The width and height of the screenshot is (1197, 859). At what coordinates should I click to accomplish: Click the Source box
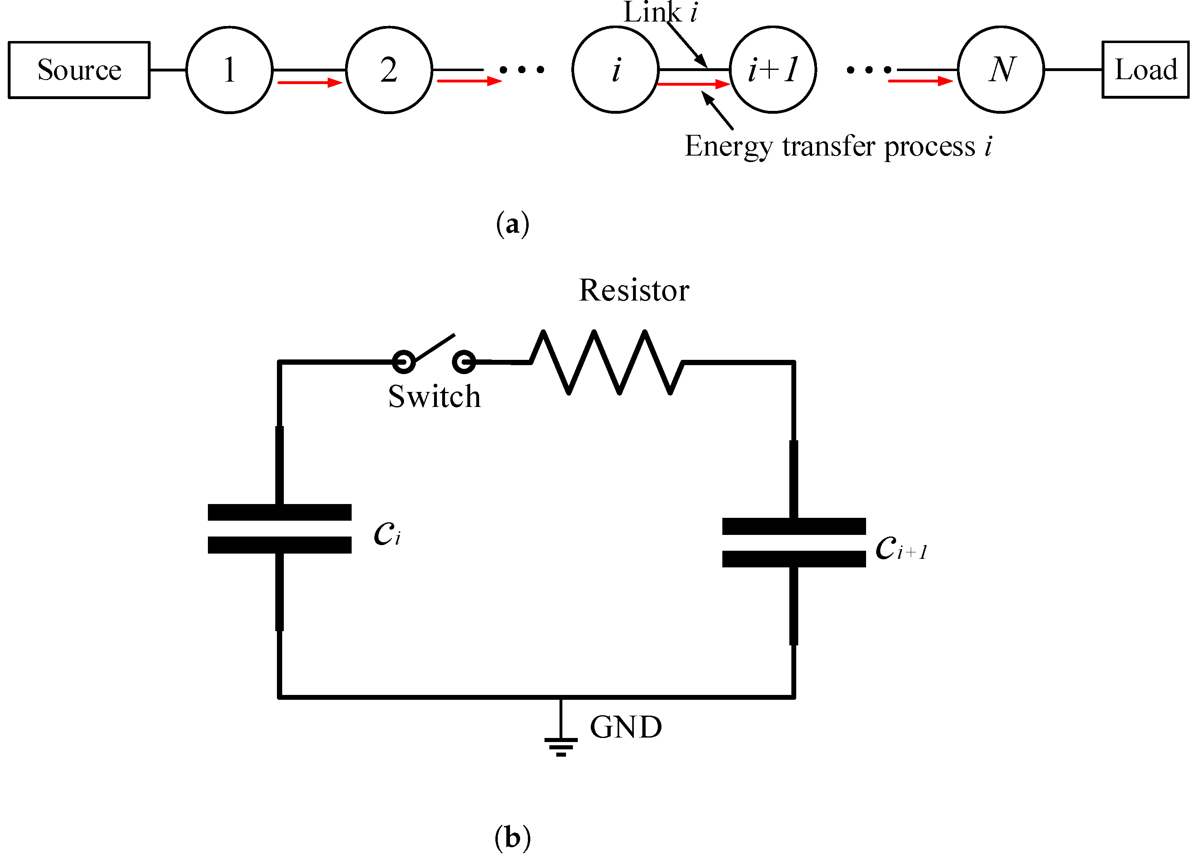79,70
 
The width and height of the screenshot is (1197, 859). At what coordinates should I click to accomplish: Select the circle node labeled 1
229,70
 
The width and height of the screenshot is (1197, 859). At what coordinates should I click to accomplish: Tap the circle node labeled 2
389,70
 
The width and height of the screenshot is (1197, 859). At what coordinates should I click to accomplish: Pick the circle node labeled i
616,70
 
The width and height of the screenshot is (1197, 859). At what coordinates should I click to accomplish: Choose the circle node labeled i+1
773,70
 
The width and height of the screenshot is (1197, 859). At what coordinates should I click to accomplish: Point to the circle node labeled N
1000,70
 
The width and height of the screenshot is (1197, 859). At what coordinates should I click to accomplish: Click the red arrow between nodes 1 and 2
310,82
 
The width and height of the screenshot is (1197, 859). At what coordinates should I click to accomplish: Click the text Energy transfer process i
838,146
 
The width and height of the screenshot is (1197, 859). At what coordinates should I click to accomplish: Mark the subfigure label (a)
512,224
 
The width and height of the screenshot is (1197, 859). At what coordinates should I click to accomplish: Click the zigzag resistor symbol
607,362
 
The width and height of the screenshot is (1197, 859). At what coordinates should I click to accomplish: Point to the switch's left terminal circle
404,362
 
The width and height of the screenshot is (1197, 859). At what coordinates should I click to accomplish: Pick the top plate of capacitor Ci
279,512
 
